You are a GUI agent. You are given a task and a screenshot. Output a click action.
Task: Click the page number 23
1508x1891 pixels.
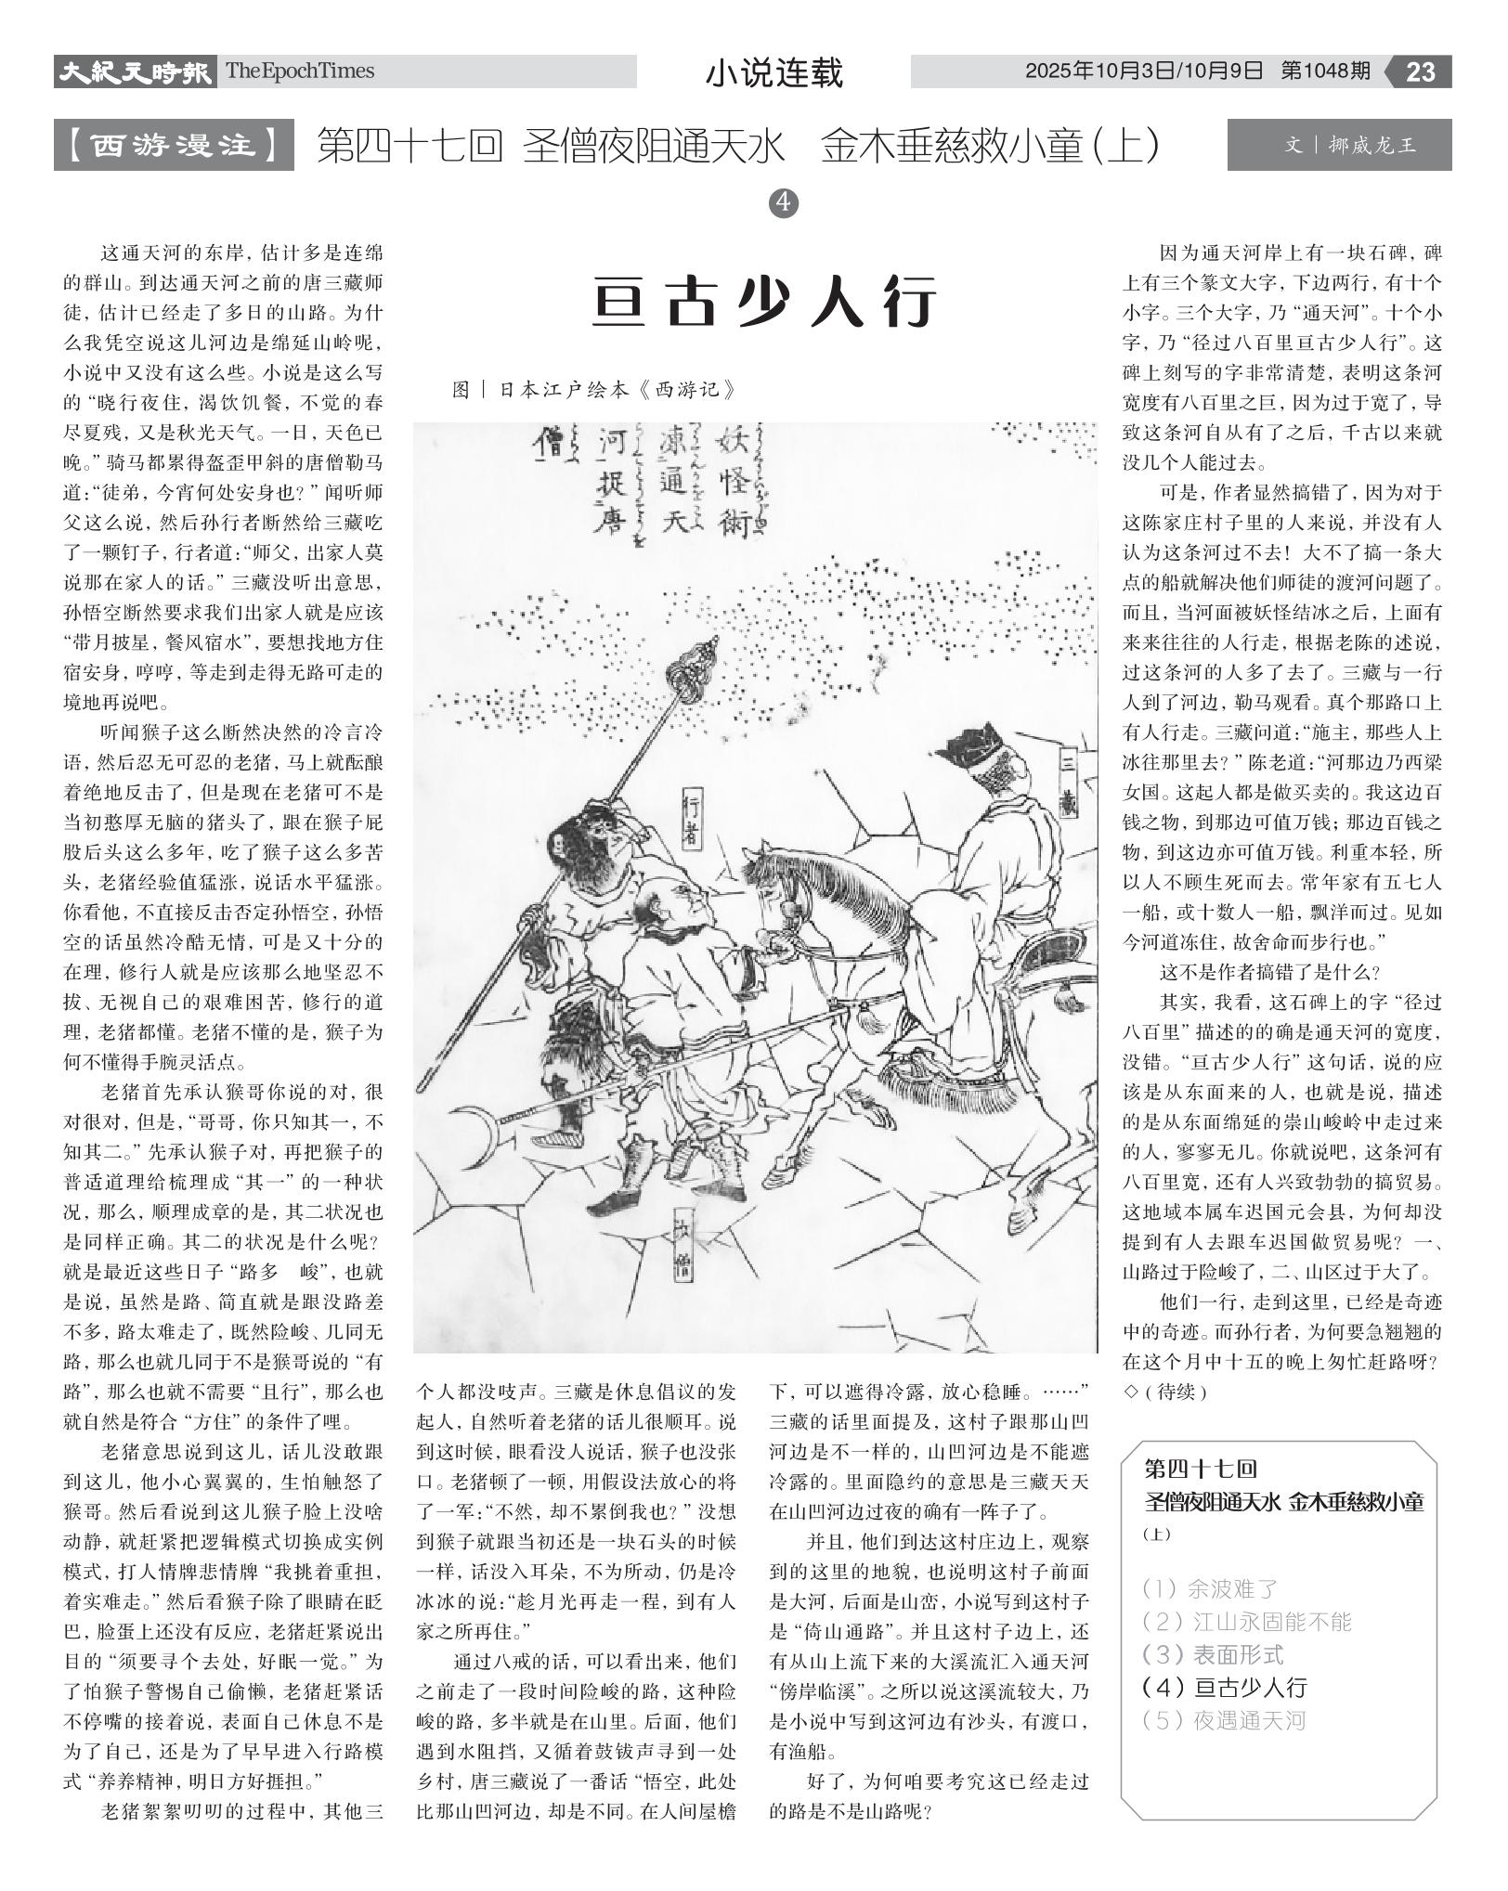point(1420,71)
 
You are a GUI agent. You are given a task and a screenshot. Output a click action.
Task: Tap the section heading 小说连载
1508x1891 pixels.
point(773,72)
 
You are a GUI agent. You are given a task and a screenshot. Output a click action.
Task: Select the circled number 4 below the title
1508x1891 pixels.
point(785,202)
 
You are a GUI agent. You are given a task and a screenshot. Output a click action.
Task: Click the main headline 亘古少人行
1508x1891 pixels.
point(764,302)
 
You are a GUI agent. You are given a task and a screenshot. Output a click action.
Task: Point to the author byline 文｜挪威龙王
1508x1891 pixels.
point(1338,145)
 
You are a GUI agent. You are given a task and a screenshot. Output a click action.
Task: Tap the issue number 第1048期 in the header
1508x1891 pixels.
point(1325,71)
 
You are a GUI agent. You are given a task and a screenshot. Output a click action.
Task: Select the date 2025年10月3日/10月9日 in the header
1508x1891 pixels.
point(1144,71)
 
